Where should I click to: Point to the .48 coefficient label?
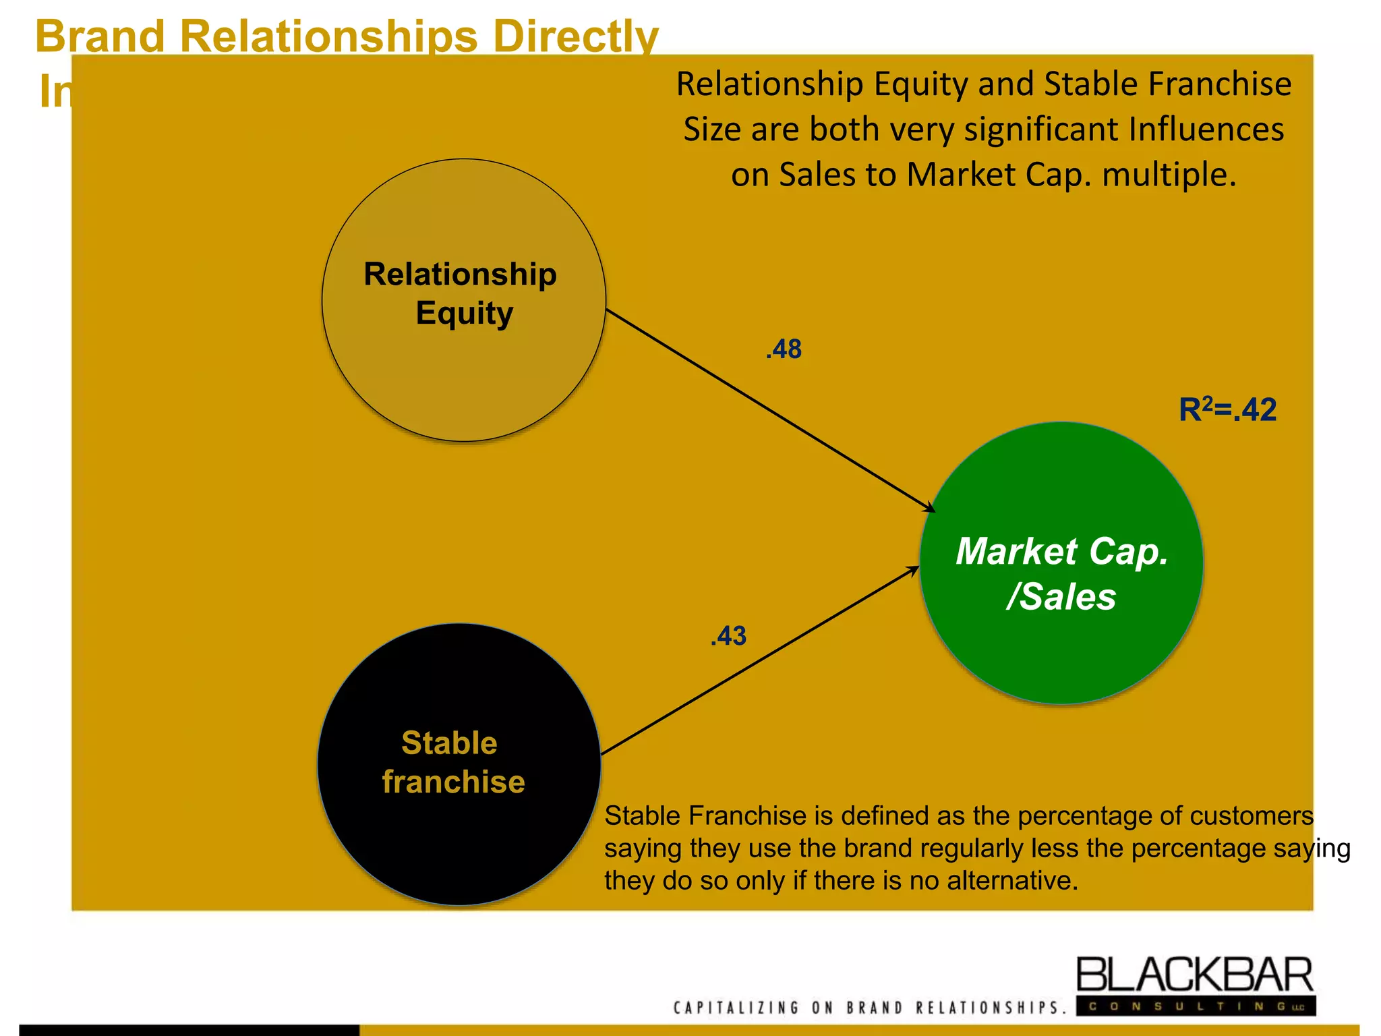[784, 349]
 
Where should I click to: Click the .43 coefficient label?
[728, 636]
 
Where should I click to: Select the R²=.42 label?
[1227, 409]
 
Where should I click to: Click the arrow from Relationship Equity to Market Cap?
[769, 408]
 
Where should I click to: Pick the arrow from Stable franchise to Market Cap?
[759, 662]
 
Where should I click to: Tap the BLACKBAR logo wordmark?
[1194, 976]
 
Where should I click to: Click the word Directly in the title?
[576, 36]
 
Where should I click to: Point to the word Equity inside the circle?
[464, 314]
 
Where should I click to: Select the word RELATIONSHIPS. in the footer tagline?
[991, 1008]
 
